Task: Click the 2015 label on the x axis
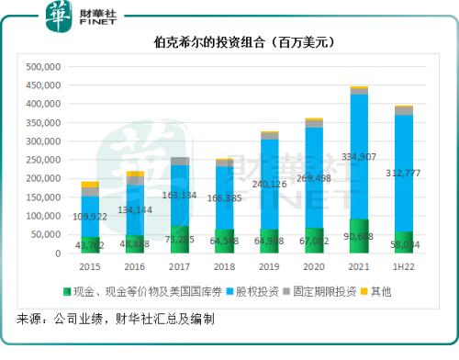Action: (91, 266)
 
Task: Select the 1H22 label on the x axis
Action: (404, 266)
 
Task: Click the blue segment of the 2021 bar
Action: (359, 156)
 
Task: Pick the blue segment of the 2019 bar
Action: (269, 184)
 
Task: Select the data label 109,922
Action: (91, 216)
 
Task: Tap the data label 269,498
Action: (315, 178)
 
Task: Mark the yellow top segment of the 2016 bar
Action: (135, 174)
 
